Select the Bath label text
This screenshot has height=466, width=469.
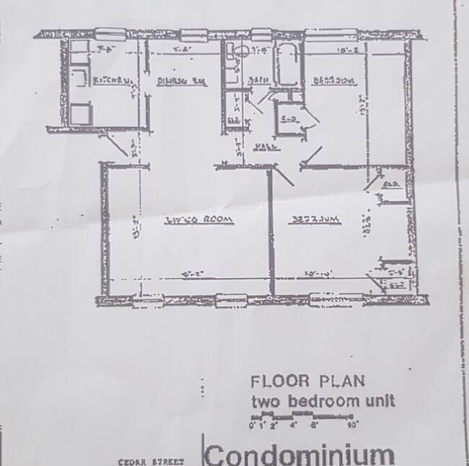pyautogui.click(x=254, y=80)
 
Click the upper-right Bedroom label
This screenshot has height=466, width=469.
pyautogui.click(x=334, y=81)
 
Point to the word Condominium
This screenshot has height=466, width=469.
pyautogui.click(x=300, y=454)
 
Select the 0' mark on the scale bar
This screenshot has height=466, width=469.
pyautogui.click(x=252, y=425)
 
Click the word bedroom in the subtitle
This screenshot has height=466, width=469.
pyautogui.click(x=314, y=401)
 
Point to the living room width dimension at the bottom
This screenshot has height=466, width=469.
pyautogui.click(x=190, y=275)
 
